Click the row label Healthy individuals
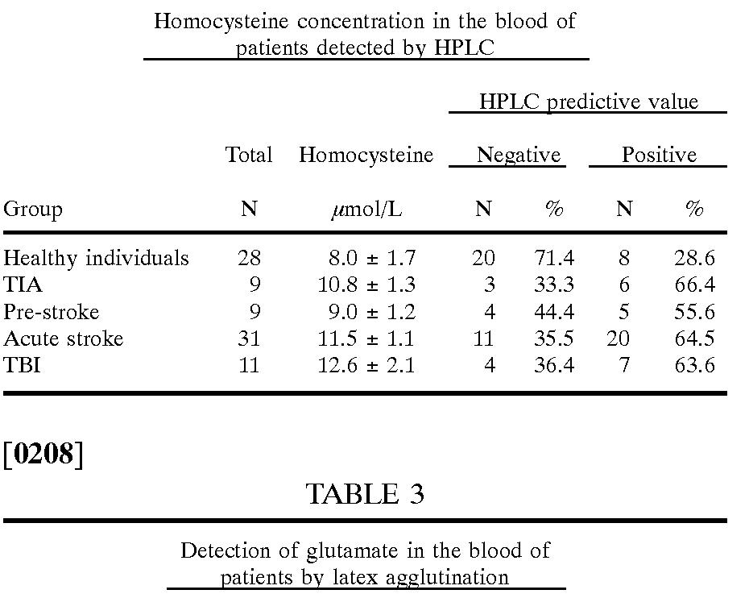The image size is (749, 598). pyautogui.click(x=96, y=258)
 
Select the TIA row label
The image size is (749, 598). pyautogui.click(x=23, y=284)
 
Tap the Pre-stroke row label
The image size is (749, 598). pyautogui.click(x=52, y=311)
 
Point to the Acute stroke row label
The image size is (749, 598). pyautogui.click(x=64, y=338)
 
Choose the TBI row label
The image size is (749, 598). pyautogui.click(x=22, y=365)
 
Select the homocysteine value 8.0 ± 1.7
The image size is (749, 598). pyautogui.click(x=371, y=258)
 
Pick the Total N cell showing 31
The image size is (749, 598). pyautogui.click(x=249, y=338)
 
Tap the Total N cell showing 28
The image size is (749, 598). pyautogui.click(x=249, y=258)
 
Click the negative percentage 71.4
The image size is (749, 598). pyautogui.click(x=554, y=258)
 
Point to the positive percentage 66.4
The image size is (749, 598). pyautogui.click(x=694, y=284)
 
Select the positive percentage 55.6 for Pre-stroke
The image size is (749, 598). pyautogui.click(x=694, y=311)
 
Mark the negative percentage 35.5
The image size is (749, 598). pyautogui.click(x=554, y=338)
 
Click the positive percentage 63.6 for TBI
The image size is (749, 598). pyautogui.click(x=694, y=365)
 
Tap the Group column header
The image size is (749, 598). pyautogui.click(x=33, y=210)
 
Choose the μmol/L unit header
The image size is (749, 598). pyautogui.click(x=366, y=210)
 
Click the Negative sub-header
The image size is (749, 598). pyautogui.click(x=518, y=155)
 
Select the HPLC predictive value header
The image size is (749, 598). pyautogui.click(x=588, y=102)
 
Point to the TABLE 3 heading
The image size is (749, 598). pyautogui.click(x=365, y=494)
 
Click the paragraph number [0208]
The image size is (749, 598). pyautogui.click(x=43, y=455)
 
